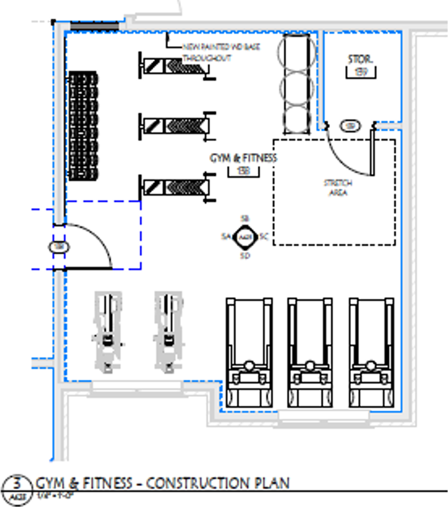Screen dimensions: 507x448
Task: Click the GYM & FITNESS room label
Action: click(243, 158)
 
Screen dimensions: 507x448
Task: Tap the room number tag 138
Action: click(243, 171)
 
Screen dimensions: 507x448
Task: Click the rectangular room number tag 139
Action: click(361, 72)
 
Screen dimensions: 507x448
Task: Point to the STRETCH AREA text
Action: click(338, 187)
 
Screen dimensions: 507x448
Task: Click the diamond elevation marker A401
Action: click(245, 237)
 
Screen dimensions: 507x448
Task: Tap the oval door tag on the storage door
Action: click(349, 126)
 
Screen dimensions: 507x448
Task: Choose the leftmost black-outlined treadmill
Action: click(249, 351)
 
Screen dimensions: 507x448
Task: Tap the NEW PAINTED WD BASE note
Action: click(207, 52)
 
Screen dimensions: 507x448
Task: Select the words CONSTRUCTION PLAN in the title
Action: click(218, 483)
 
